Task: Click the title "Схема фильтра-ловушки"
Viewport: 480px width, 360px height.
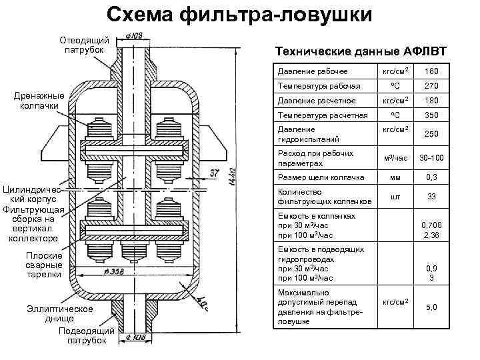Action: point(240,15)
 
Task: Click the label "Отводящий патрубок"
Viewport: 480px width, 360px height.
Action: point(84,45)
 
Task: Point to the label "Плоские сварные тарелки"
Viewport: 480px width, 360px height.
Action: point(44,265)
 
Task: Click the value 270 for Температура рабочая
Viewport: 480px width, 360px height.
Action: point(431,86)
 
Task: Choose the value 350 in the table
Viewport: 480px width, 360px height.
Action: point(431,115)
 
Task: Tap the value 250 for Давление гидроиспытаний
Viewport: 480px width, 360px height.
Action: point(431,134)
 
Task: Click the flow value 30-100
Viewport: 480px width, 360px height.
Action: point(431,158)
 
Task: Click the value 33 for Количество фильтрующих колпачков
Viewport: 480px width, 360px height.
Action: point(431,196)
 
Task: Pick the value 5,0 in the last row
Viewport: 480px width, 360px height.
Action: point(431,307)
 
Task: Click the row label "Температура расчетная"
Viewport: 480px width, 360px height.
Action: point(313,115)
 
